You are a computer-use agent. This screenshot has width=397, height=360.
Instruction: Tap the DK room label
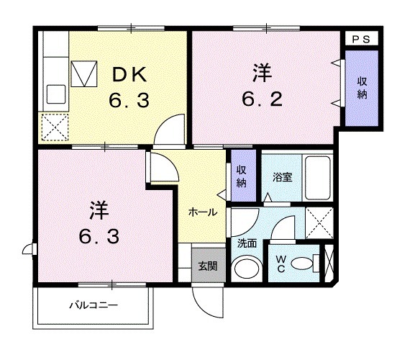point(129,74)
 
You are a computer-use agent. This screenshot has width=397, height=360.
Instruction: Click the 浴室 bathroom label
point(281,174)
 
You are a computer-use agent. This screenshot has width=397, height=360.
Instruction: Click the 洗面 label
point(247,243)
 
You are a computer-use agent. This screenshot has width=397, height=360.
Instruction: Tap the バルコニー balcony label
point(93,305)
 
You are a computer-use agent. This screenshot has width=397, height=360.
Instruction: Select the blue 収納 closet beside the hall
point(242,177)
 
